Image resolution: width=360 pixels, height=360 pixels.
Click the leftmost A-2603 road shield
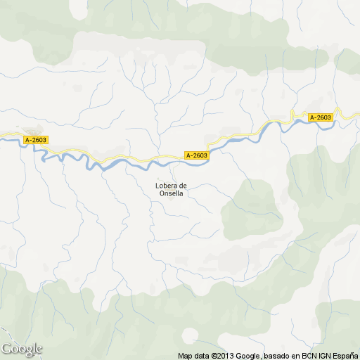36,140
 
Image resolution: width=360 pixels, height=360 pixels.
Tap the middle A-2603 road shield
197,155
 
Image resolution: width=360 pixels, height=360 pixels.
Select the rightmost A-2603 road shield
320,117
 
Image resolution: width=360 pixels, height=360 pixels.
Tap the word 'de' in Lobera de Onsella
182,186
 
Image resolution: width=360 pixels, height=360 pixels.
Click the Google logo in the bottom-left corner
21,349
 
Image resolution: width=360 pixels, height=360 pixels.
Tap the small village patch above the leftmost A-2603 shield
32,131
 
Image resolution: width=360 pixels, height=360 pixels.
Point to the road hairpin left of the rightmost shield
293,116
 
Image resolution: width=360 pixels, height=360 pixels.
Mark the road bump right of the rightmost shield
338,112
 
